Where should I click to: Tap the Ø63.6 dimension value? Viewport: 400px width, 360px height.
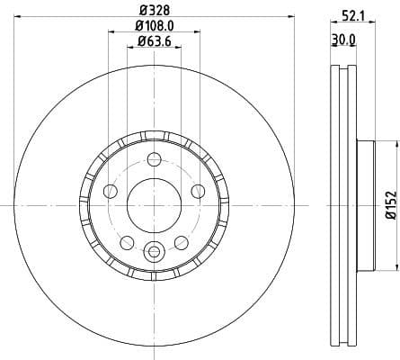click(x=154, y=43)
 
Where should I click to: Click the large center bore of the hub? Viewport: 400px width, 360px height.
click(x=154, y=205)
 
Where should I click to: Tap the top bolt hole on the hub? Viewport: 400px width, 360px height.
click(x=154, y=160)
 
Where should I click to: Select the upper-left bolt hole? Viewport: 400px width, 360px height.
click(x=111, y=191)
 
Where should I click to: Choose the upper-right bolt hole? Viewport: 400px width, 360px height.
click(x=197, y=191)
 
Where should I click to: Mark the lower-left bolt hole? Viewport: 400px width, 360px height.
click(x=127, y=242)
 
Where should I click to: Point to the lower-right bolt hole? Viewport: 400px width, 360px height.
click(x=181, y=242)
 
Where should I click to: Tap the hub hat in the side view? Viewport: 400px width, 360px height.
click(x=364, y=205)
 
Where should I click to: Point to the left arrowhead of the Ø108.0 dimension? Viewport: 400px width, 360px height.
click(x=111, y=32)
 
